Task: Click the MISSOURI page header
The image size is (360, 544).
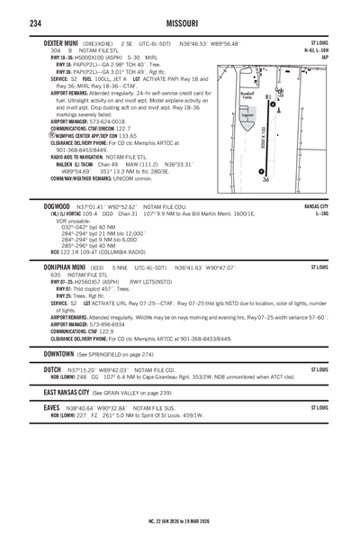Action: [180, 20]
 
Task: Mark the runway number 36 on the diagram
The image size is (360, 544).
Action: [266, 181]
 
